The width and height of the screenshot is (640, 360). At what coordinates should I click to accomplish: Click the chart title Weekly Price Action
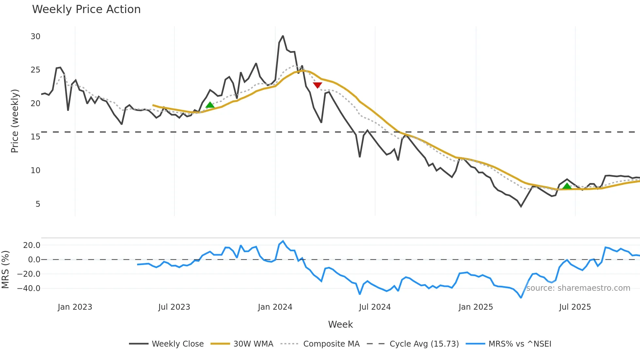(86, 9)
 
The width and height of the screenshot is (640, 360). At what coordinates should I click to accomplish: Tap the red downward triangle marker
(317, 85)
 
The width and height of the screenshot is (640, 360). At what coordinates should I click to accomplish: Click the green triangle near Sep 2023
(210, 105)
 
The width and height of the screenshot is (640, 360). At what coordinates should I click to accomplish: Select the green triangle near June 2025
(567, 186)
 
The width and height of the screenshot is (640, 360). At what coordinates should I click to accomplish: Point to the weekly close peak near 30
(283, 36)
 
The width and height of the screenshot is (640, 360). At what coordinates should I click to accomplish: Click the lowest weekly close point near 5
(521, 206)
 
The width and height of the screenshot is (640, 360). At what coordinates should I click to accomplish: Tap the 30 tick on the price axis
(35, 37)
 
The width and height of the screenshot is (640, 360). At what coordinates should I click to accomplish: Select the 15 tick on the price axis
(35, 137)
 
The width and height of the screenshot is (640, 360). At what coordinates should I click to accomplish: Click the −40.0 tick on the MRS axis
(29, 288)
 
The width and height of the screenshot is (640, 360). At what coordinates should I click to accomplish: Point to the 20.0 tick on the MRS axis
(31, 245)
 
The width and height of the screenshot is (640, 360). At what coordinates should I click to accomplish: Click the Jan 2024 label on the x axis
(275, 307)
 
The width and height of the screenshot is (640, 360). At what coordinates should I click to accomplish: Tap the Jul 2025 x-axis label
(575, 307)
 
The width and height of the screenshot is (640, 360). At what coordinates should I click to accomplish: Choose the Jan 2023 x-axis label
(75, 307)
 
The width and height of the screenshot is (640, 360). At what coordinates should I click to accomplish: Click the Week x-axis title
(340, 324)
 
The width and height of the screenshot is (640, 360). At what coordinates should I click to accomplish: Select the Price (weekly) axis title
(15, 121)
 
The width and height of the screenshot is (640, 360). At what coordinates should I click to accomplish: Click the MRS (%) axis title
(5, 270)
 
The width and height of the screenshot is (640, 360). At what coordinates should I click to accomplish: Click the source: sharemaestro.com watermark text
(578, 288)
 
